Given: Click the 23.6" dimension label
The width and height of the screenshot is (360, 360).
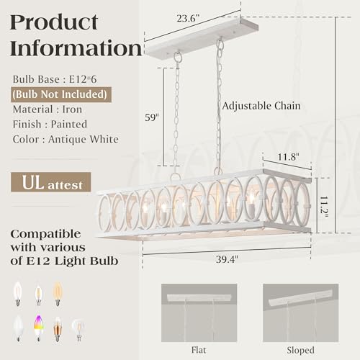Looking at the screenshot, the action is pos(188,19).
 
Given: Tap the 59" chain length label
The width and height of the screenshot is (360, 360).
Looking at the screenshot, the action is pos(152,117).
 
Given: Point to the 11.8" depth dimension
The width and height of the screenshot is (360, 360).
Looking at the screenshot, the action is pos(288,157).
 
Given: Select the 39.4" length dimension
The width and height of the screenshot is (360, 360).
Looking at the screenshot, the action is pos(227,259).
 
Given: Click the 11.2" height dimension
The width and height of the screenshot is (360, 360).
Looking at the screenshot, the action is pos(324,207).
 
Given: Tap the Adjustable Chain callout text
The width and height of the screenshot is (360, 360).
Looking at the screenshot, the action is pos(261,106).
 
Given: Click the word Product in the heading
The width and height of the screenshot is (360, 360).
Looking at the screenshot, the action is pos(54,22).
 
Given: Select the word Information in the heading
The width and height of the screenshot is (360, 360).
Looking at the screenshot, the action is pos(76,48).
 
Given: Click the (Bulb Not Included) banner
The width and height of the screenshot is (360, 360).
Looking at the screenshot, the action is pos(61,94).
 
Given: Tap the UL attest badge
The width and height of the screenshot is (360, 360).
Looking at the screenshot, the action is pos(51,182).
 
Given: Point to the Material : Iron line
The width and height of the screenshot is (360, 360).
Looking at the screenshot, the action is pos(48,109).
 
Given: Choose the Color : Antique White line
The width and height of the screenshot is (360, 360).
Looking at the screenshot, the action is pos(66,139).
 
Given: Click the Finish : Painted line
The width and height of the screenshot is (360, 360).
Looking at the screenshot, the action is pos(50,125).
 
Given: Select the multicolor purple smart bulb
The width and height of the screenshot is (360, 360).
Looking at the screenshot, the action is pos(38,328).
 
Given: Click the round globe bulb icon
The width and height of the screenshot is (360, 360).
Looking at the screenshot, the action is pos(78,328).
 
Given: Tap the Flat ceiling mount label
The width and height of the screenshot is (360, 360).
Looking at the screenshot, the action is pos(199,350).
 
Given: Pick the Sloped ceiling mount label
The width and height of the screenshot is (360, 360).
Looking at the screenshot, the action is pos(300,350).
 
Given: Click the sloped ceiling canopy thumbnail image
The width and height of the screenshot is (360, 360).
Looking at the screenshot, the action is pos(300,312).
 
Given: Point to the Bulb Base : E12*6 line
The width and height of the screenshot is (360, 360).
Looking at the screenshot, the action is pos(55,79).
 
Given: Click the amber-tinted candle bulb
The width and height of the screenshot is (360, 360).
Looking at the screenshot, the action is pos(58,294).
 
